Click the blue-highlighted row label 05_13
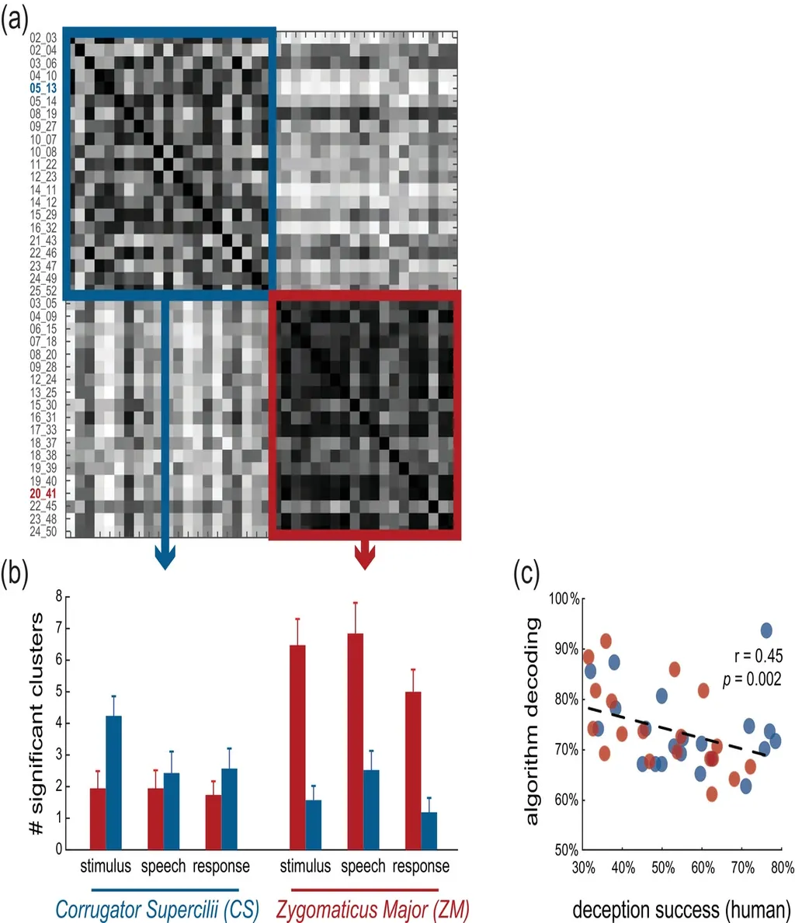(43, 88)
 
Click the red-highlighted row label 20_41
(43, 494)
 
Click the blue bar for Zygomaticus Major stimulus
(314, 824)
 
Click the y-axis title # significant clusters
(36, 723)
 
